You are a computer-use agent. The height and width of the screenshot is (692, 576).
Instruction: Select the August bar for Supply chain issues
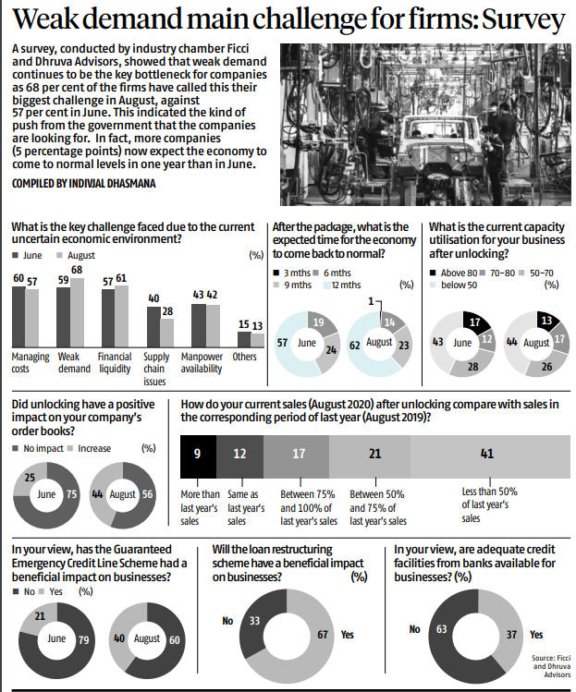click(x=166, y=332)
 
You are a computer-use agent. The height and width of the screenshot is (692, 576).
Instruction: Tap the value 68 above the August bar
click(x=77, y=270)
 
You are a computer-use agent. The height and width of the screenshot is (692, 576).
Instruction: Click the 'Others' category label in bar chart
click(x=244, y=357)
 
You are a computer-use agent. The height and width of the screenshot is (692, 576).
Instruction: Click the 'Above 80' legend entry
click(x=454, y=273)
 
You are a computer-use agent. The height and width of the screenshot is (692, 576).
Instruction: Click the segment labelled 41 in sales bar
click(x=487, y=455)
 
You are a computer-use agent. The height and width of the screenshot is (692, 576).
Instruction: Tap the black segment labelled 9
click(x=197, y=455)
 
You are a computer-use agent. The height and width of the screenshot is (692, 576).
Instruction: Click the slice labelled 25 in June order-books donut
click(x=29, y=478)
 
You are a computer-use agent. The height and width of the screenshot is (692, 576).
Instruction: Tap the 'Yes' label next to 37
click(x=536, y=636)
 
